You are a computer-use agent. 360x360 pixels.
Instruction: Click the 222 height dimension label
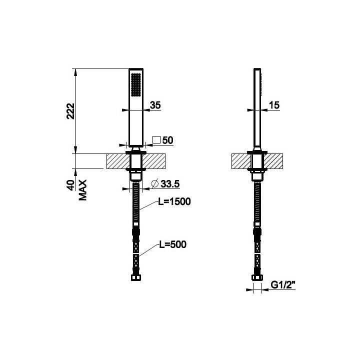tap(70, 111)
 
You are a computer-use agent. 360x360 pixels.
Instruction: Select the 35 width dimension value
tap(155, 105)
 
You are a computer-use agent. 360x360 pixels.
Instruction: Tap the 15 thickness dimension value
tap(274, 105)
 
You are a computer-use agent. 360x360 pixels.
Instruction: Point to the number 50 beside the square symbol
tap(167, 140)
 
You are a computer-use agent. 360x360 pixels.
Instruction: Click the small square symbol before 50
tap(156, 139)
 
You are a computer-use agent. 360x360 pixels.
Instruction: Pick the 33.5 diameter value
tap(170, 184)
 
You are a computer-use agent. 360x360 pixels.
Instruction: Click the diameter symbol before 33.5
tap(155, 183)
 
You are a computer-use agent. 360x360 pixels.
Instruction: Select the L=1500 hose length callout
tap(174, 201)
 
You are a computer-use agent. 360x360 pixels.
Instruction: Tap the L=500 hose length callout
tap(173, 244)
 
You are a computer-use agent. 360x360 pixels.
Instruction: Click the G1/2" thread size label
tap(283, 285)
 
